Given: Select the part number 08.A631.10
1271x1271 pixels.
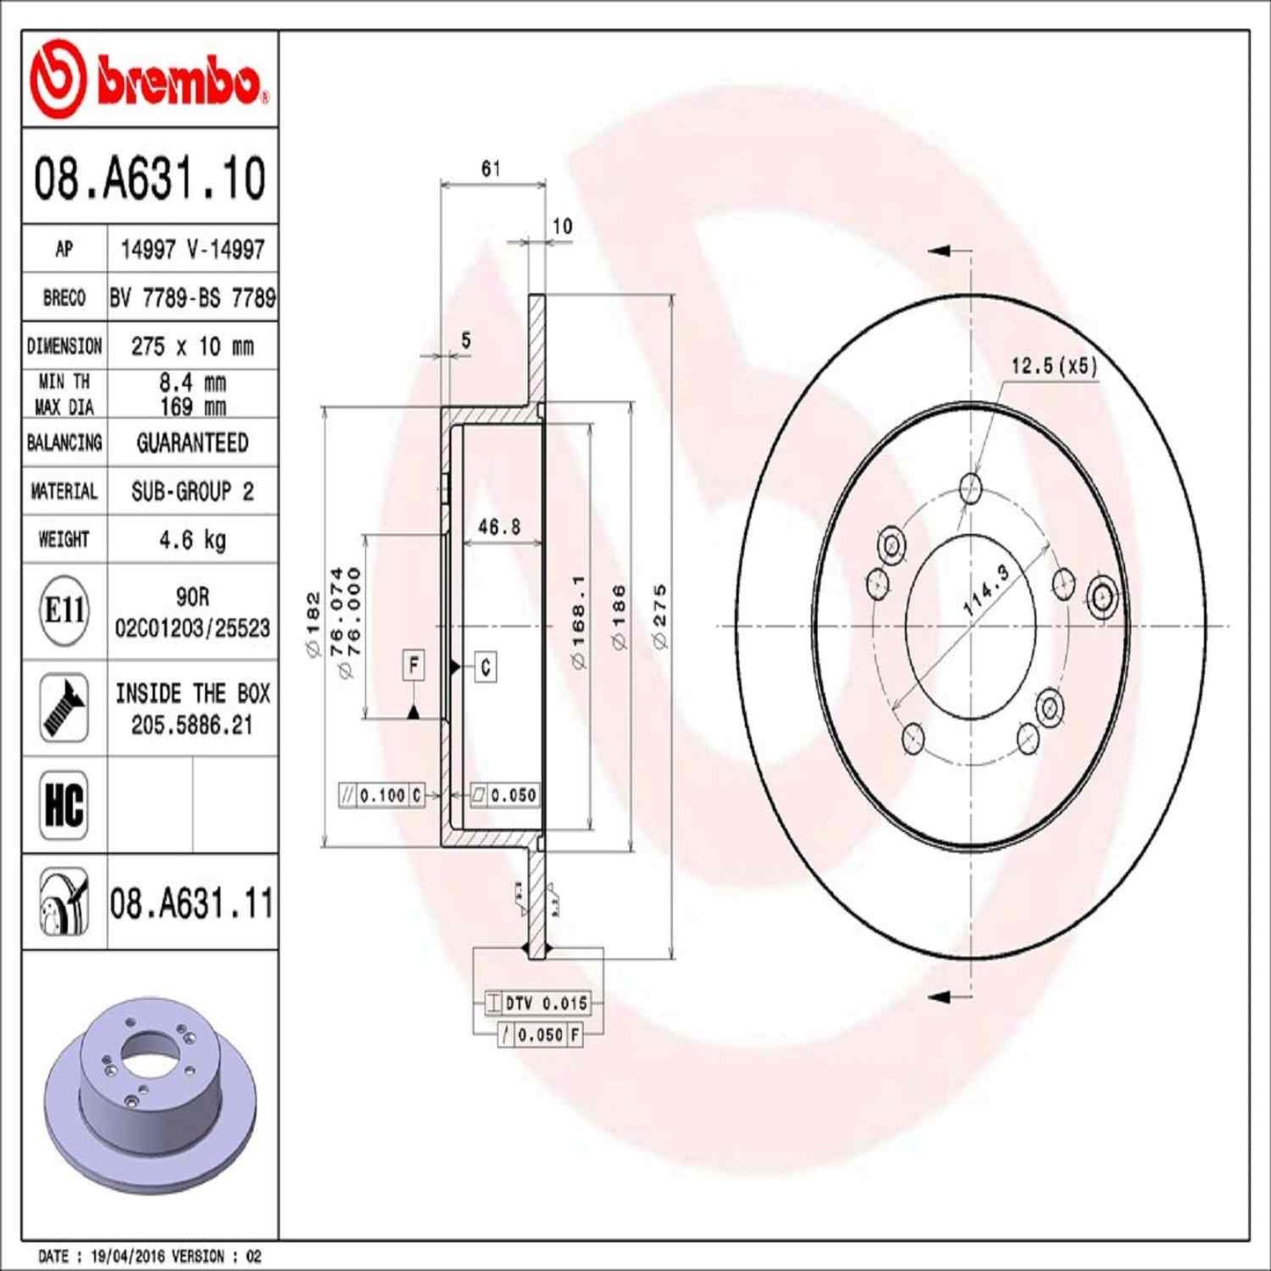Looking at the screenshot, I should click(150, 179).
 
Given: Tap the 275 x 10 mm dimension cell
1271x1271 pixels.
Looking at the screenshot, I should click(192, 347).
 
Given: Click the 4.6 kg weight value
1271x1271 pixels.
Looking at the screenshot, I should click(192, 539).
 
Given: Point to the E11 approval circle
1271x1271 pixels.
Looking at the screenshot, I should click(64, 610).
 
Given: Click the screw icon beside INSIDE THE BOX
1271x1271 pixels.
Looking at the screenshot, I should click(64, 708).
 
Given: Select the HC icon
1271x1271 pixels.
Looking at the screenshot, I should click(64, 804).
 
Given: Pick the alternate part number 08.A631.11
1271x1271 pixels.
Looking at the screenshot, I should click(192, 903).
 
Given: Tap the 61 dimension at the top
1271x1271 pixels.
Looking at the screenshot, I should click(491, 168).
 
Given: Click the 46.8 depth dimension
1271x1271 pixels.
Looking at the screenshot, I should click(499, 527).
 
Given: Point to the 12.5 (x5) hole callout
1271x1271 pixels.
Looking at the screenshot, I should click(1054, 366).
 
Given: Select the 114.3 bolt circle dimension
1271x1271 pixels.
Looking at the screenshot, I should click(986, 590).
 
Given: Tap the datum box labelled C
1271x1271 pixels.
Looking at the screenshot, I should click(486, 667).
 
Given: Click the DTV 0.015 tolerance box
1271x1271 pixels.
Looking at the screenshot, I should click(538, 1003).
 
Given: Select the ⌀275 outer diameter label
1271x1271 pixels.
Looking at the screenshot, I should click(660, 616).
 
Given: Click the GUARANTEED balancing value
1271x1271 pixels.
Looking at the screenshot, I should click(192, 442).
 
